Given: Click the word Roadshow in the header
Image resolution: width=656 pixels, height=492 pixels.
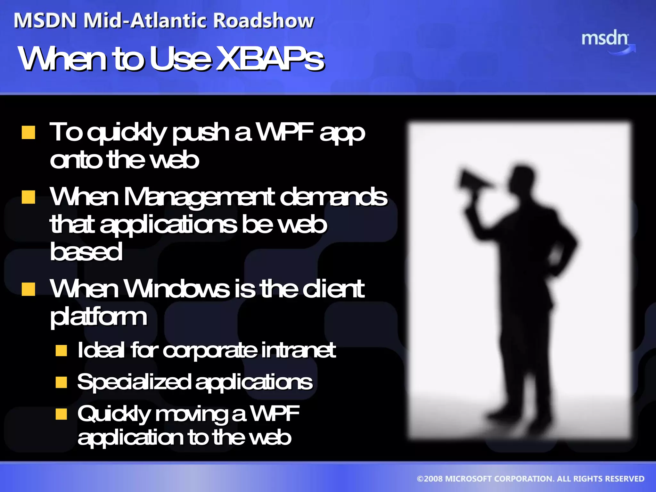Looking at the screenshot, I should coord(263,21).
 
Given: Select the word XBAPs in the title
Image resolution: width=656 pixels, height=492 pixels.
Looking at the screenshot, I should coord(270,58).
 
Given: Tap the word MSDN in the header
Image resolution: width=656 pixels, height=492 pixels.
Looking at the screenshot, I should coord(45,21).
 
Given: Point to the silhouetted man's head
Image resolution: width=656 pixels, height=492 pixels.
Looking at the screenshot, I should coord(522,180).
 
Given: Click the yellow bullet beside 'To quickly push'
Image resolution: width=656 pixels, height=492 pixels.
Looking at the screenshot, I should coord(29,132).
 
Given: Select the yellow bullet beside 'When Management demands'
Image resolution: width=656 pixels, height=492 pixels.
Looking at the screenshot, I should coord(29,197).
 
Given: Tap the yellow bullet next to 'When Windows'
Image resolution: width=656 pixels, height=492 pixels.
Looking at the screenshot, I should coord(29,289).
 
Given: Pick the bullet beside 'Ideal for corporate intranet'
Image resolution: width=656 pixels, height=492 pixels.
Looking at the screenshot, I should coord(61,350).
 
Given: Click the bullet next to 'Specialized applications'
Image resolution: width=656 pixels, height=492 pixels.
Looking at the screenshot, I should coord(61,382).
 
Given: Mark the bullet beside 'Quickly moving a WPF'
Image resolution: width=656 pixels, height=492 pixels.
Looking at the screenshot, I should coord(61,414).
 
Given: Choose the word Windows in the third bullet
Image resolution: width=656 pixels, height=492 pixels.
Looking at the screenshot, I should coord(176,289).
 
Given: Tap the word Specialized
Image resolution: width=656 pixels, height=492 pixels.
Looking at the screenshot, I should coord(134,382).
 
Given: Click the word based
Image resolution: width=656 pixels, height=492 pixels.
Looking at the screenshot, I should coord(86,252).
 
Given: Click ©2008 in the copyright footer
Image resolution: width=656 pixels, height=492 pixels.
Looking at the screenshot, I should coord(430,479).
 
